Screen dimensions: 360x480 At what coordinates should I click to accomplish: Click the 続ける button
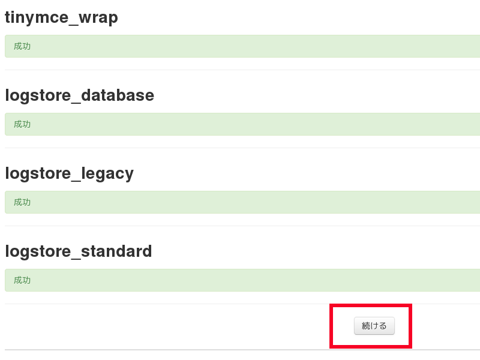374,326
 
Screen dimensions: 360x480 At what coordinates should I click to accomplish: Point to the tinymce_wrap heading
61,17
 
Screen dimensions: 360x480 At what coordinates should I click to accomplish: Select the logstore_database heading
79,95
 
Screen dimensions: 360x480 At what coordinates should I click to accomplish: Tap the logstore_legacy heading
69,173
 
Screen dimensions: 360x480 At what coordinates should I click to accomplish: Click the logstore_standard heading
78,251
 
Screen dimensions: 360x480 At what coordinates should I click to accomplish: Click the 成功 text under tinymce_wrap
22,46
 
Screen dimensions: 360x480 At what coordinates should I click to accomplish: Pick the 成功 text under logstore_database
22,124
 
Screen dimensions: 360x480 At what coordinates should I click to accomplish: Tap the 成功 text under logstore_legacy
22,202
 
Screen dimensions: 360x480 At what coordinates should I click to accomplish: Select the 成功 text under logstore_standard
22,280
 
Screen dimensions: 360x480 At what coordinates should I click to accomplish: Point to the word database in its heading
118,95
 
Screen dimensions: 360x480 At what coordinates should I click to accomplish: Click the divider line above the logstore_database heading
240,70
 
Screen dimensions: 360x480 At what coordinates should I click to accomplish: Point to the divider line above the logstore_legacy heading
240,148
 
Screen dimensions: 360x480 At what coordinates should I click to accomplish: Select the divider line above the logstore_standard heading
240,226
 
